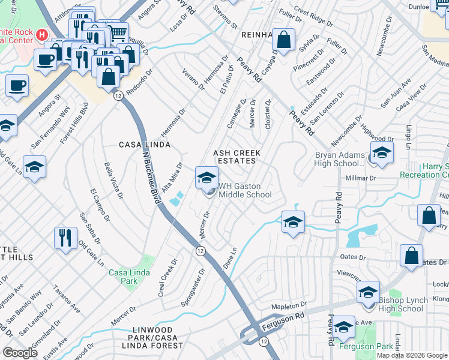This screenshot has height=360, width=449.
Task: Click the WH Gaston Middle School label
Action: pyautogui.click(x=244, y=190)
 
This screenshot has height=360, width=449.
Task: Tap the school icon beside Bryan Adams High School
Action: pyautogui.click(x=382, y=154)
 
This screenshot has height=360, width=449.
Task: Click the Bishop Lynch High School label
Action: pyautogui.click(x=402, y=304)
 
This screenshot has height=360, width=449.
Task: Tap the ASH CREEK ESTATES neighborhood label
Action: pyautogui.click(x=235, y=157)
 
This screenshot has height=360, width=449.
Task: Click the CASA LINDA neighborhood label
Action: pyautogui.click(x=145, y=145)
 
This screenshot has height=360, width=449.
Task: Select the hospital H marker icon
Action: pyautogui.click(x=41, y=34)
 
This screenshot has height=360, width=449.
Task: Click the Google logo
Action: pyautogui.click(x=20, y=353)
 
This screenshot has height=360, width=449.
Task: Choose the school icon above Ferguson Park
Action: pyautogui.click(x=344, y=328)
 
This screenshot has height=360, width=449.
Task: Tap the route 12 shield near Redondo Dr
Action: pyautogui.click(x=118, y=96)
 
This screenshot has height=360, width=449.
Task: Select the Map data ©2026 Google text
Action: pyautogui.click(x=411, y=355)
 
